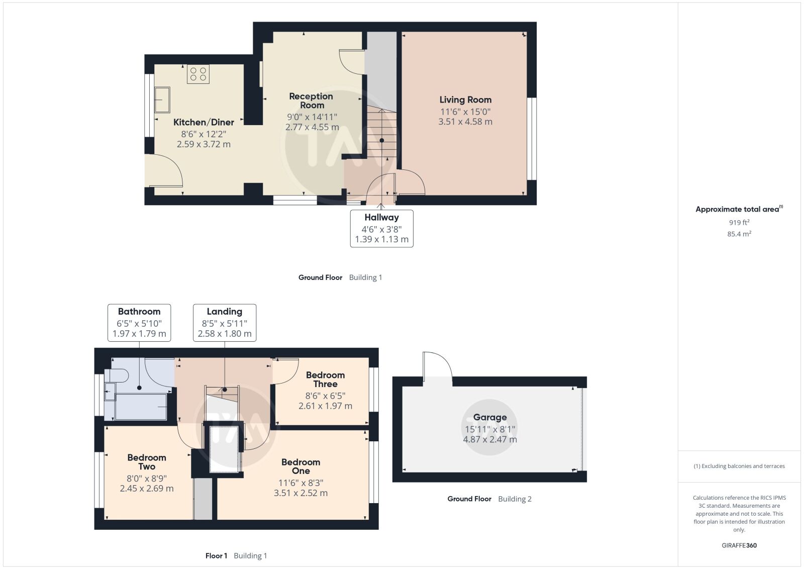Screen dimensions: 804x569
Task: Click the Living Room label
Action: pyautogui.click(x=465, y=100)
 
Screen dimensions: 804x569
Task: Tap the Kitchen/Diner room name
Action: pyautogui.click(x=204, y=123)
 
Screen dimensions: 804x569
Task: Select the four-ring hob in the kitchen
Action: pyautogui.click(x=198, y=74)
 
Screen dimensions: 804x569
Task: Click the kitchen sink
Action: pyautogui.click(x=162, y=100)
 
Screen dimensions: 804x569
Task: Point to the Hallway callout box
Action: pyautogui.click(x=381, y=229)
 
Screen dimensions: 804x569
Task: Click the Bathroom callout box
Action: pyautogui.click(x=139, y=323)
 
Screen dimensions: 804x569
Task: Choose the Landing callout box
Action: pyautogui.click(x=225, y=323)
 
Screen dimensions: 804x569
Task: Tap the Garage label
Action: pyautogui.click(x=490, y=417)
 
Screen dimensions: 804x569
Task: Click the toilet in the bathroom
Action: pyautogui.click(x=117, y=375)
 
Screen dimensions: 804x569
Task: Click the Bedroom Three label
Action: pyautogui.click(x=325, y=380)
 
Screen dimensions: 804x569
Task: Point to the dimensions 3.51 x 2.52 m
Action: pyautogui.click(x=301, y=493)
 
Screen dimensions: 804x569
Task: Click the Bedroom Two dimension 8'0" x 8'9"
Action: pyautogui.click(x=146, y=478)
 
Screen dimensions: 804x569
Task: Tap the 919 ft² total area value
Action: pyautogui.click(x=739, y=222)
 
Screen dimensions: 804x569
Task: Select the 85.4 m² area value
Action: pyautogui.click(x=739, y=234)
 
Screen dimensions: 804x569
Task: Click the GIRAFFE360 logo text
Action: pyautogui.click(x=739, y=545)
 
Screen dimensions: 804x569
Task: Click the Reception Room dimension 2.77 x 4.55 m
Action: pyautogui.click(x=312, y=127)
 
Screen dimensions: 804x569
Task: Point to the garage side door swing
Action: pyautogui.click(x=438, y=364)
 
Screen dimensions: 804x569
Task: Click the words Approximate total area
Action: pyautogui.click(x=737, y=209)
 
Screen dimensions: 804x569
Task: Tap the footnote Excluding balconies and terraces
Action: pyautogui.click(x=743, y=466)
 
